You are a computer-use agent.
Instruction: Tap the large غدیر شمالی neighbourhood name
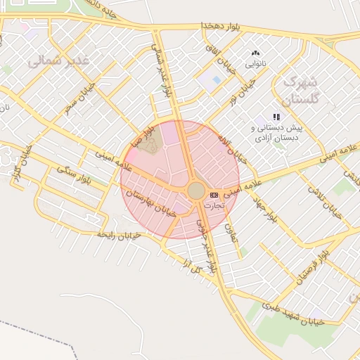(60, 61)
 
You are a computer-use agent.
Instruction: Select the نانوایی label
(255, 64)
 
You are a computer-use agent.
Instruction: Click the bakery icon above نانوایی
(255, 53)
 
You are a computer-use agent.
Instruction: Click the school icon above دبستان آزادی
(276, 117)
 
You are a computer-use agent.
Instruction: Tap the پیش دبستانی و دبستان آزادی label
(277, 132)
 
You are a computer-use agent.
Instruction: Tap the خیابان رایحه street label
(120, 234)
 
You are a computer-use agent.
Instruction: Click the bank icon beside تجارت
(214, 195)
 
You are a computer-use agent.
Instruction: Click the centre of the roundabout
(196, 191)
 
